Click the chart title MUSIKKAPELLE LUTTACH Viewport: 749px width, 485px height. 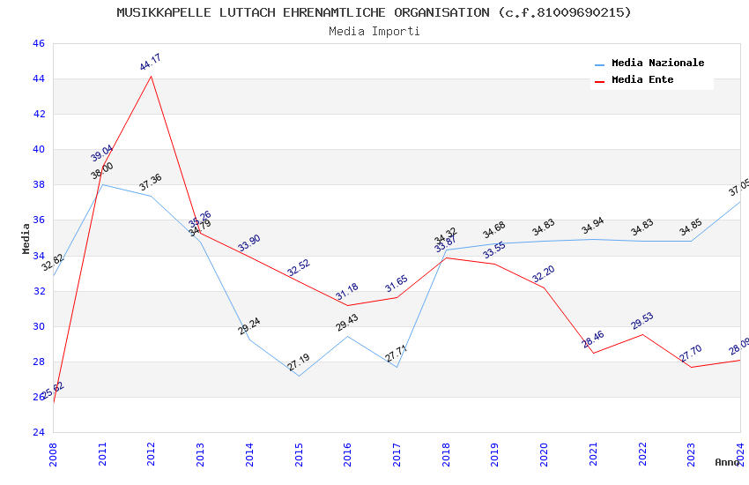point(374,12)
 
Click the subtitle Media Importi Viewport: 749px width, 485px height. point(374,31)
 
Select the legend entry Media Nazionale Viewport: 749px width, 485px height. point(657,63)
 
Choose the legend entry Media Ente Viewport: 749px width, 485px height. point(642,79)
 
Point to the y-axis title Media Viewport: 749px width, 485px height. point(26,238)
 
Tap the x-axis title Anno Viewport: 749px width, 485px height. point(727,462)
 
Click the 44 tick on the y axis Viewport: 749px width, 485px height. point(38,78)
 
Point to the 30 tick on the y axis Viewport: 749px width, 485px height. point(38,326)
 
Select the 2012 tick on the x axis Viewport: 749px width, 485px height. point(152,458)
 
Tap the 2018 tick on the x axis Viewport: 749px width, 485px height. point(446,458)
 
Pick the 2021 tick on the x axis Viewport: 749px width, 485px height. point(593,458)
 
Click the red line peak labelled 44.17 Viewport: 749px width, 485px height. point(152,76)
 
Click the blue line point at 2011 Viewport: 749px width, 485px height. point(102,184)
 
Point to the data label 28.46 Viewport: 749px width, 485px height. point(593,339)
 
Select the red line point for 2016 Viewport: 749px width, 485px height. point(348,305)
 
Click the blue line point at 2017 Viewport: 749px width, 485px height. point(397,367)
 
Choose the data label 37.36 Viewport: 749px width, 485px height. point(151,183)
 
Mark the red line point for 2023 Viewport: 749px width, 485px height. point(691,367)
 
